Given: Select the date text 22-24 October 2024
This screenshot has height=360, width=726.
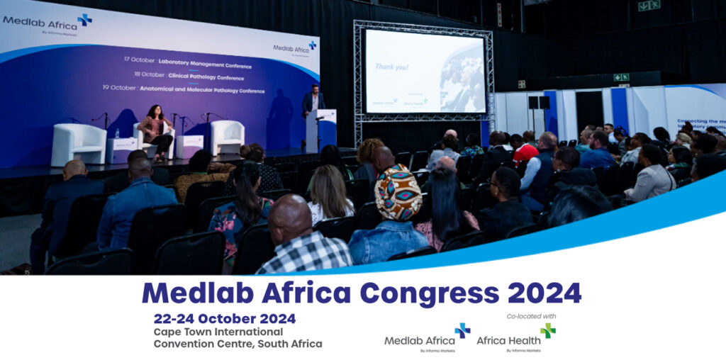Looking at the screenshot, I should (x=225, y=318).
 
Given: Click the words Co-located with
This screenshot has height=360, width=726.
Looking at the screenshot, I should (x=531, y=316).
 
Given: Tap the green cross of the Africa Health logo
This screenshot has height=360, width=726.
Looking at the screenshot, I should (x=547, y=330).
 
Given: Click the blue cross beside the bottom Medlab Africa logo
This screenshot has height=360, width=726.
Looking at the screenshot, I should (x=462, y=330).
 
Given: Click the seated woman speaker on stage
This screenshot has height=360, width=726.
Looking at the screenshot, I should (x=157, y=128).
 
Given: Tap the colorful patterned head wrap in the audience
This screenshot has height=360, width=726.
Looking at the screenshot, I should (x=398, y=193).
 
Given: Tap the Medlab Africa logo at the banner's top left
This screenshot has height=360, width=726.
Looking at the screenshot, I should (x=47, y=22).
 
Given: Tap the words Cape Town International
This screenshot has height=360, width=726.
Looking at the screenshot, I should (x=218, y=332).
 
